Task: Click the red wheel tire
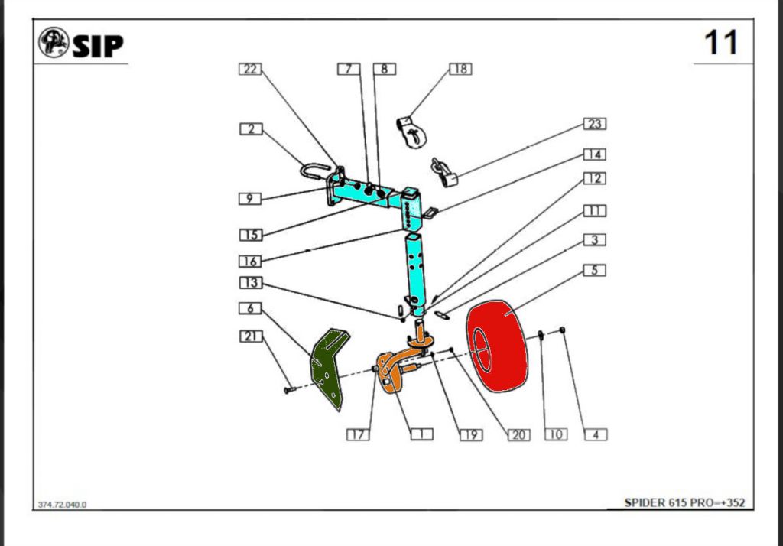pos(497,346)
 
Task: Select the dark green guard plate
pos(329,368)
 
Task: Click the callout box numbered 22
pos(250,69)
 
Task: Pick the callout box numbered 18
pos(460,69)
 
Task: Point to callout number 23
pos(595,123)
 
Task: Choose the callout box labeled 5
pos(595,270)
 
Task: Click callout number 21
pos(251,336)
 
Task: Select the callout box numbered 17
pos(358,434)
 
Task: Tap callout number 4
pos(596,434)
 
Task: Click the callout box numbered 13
pos(251,283)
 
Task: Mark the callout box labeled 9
pos(250,198)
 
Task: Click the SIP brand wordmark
pos(98,46)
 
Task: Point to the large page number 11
pos(720,43)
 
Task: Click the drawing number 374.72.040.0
pos(62,505)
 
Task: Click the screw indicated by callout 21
pos(290,390)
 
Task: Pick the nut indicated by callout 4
pos(562,330)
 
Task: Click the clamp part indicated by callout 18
pos(412,132)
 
